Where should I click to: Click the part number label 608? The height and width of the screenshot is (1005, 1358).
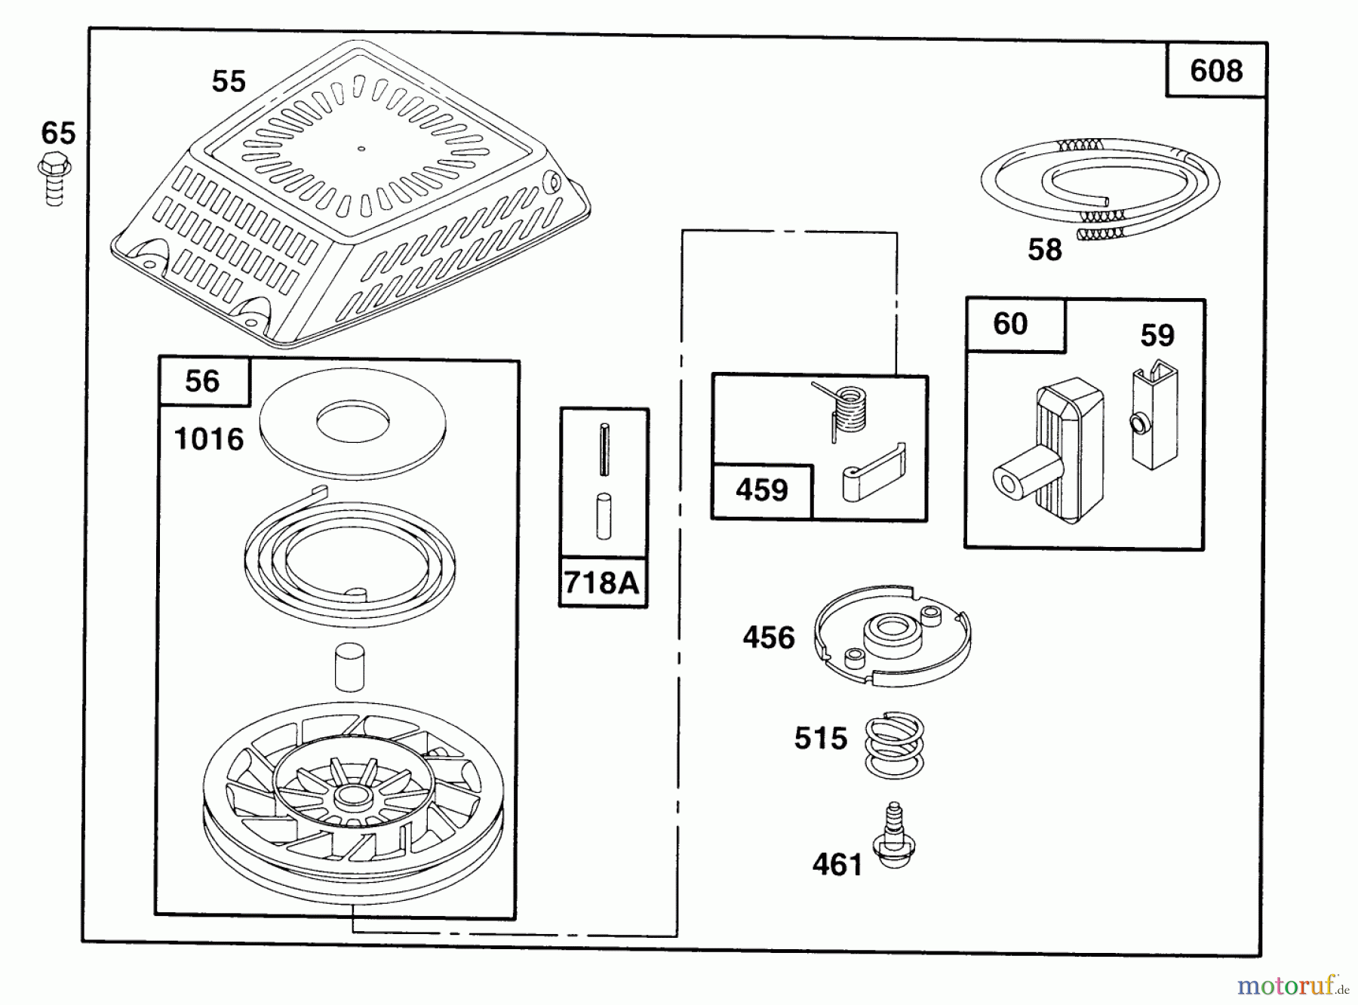(1215, 71)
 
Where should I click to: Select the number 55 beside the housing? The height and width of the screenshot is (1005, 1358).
(229, 81)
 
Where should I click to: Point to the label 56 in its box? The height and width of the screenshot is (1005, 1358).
(202, 381)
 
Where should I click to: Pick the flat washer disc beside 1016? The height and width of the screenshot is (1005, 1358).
(352, 423)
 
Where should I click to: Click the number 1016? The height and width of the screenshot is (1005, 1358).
(209, 439)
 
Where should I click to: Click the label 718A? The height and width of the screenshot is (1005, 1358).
(602, 582)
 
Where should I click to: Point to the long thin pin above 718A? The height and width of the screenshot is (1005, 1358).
(604, 450)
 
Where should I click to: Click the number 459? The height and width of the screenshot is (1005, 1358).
(762, 490)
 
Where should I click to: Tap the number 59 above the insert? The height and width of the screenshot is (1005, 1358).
(1157, 336)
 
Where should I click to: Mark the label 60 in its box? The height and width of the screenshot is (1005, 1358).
(1010, 324)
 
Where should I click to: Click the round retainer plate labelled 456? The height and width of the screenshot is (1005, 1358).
(893, 635)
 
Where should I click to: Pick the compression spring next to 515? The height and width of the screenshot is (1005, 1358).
(895, 745)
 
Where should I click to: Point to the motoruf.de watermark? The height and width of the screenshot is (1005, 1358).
(1295, 985)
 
